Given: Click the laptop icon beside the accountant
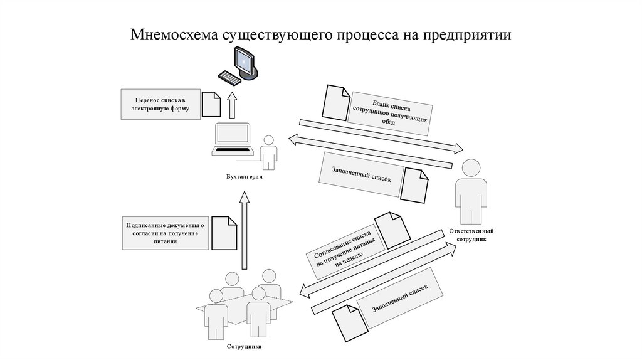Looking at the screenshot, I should [x=233, y=140].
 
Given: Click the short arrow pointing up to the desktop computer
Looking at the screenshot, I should [x=233, y=106].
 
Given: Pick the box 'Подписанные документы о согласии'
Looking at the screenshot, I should [x=165, y=233].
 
